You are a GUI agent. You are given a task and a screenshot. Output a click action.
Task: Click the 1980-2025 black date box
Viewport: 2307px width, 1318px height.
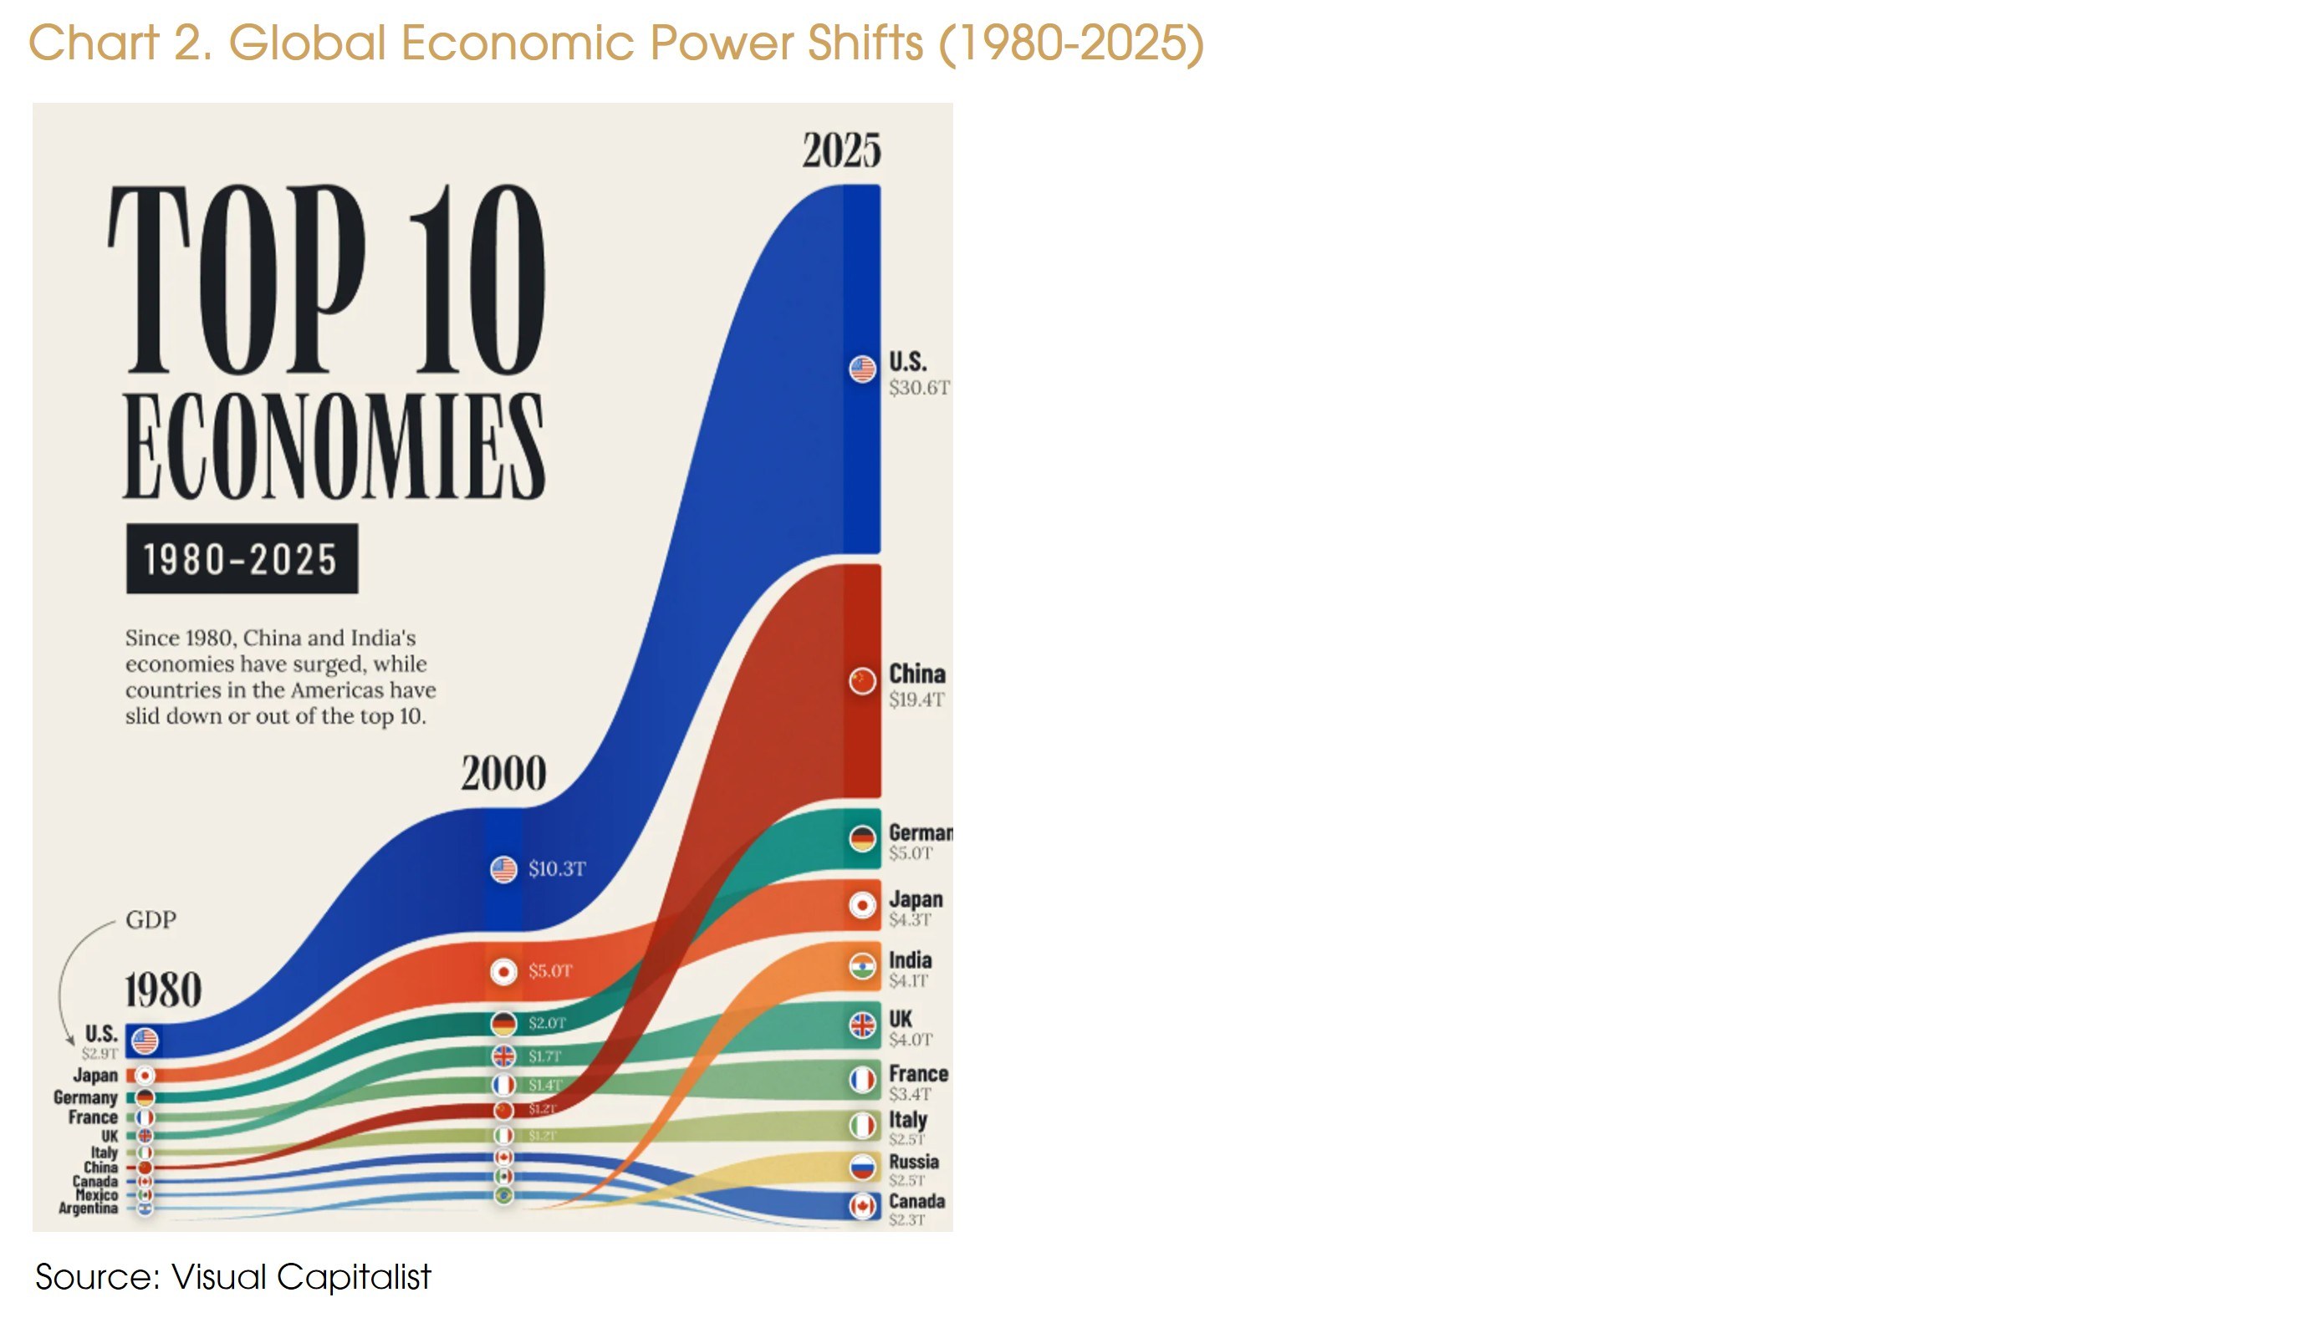pyautogui.click(x=242, y=558)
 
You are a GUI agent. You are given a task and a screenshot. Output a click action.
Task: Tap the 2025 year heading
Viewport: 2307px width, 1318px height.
pyautogui.click(x=841, y=150)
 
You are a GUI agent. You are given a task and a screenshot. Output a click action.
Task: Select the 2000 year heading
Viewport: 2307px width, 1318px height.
pyautogui.click(x=503, y=773)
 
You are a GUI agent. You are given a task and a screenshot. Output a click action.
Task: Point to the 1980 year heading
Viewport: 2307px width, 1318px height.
pyautogui.click(x=163, y=990)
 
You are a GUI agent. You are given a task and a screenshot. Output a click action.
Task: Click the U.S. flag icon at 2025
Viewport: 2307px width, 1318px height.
pyautogui.click(x=862, y=369)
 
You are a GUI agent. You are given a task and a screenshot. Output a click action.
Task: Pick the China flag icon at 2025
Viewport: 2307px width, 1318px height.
pyautogui.click(x=862, y=680)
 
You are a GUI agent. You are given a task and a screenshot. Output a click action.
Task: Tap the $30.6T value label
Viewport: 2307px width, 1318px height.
pyautogui.click(x=919, y=389)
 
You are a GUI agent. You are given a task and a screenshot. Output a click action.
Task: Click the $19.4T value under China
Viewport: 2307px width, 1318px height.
pyautogui.click(x=916, y=700)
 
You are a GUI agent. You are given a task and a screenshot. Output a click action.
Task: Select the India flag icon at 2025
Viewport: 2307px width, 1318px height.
pyautogui.click(x=862, y=967)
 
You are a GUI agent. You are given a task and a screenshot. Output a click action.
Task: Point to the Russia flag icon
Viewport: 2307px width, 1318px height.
pyautogui.click(x=862, y=1167)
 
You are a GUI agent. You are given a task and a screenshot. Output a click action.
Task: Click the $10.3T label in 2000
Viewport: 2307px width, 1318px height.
pyautogui.click(x=557, y=869)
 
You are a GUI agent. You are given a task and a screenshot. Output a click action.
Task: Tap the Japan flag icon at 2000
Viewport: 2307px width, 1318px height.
pyautogui.click(x=503, y=971)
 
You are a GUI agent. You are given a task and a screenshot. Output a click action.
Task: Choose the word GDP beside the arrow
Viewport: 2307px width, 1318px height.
pyautogui.click(x=151, y=919)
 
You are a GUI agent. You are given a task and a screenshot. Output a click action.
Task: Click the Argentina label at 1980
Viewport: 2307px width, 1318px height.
pyautogui.click(x=88, y=1209)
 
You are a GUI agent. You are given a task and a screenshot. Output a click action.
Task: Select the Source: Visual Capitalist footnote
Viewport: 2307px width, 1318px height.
pyautogui.click(x=232, y=1277)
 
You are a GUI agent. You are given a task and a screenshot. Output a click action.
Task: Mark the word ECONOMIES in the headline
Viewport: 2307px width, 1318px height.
pyautogui.click(x=334, y=446)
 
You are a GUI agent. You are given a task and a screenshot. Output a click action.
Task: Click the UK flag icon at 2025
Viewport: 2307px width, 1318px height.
pyautogui.click(x=862, y=1025)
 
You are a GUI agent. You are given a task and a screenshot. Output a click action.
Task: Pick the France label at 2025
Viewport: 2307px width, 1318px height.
pyautogui.click(x=918, y=1074)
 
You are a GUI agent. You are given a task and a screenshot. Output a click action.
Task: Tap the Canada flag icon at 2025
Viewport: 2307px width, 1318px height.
pyautogui.click(x=862, y=1206)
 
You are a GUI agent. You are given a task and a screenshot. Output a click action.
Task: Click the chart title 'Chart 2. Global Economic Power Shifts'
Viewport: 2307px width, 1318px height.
pyautogui.click(x=615, y=43)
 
